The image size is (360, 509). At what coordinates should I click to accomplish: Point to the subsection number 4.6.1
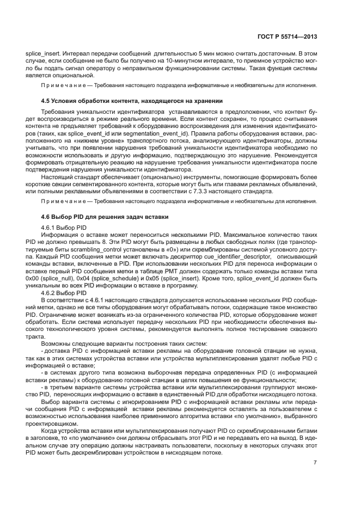50,227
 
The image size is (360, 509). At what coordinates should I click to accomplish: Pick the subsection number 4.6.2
50,293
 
